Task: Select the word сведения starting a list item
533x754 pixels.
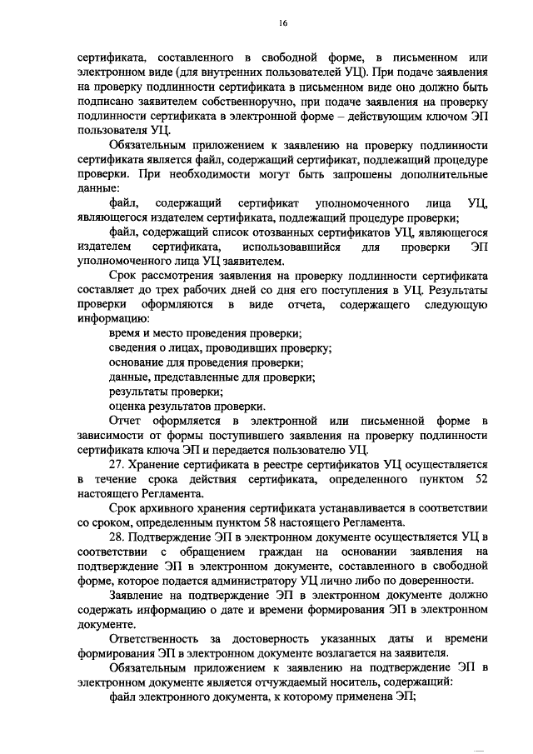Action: (133, 348)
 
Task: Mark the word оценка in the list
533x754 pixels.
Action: (127, 407)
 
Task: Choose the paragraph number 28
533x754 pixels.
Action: (117, 538)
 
